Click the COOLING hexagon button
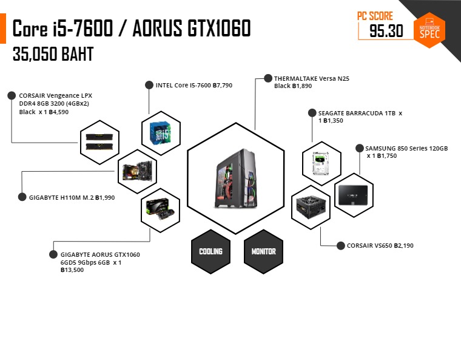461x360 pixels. point(211,251)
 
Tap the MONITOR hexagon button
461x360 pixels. point(263,251)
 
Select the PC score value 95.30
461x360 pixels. point(386,30)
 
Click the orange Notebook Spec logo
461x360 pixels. point(429,30)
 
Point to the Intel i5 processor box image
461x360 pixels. point(160,134)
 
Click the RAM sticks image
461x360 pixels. point(99,142)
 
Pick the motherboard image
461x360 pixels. point(137,171)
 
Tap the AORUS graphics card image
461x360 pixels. point(160,209)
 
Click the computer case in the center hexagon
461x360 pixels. point(236,178)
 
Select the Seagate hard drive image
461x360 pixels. point(321,163)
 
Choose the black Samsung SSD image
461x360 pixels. point(353,195)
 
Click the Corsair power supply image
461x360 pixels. point(311,208)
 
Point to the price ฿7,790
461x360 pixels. point(223,86)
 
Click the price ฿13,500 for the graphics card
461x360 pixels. point(72,270)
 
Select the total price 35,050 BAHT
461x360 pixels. point(53,54)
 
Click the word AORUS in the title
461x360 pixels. point(157,29)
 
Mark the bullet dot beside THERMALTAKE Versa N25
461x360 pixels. point(268,78)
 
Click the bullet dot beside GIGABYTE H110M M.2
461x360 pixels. point(22,197)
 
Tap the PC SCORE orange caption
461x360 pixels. point(375,16)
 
